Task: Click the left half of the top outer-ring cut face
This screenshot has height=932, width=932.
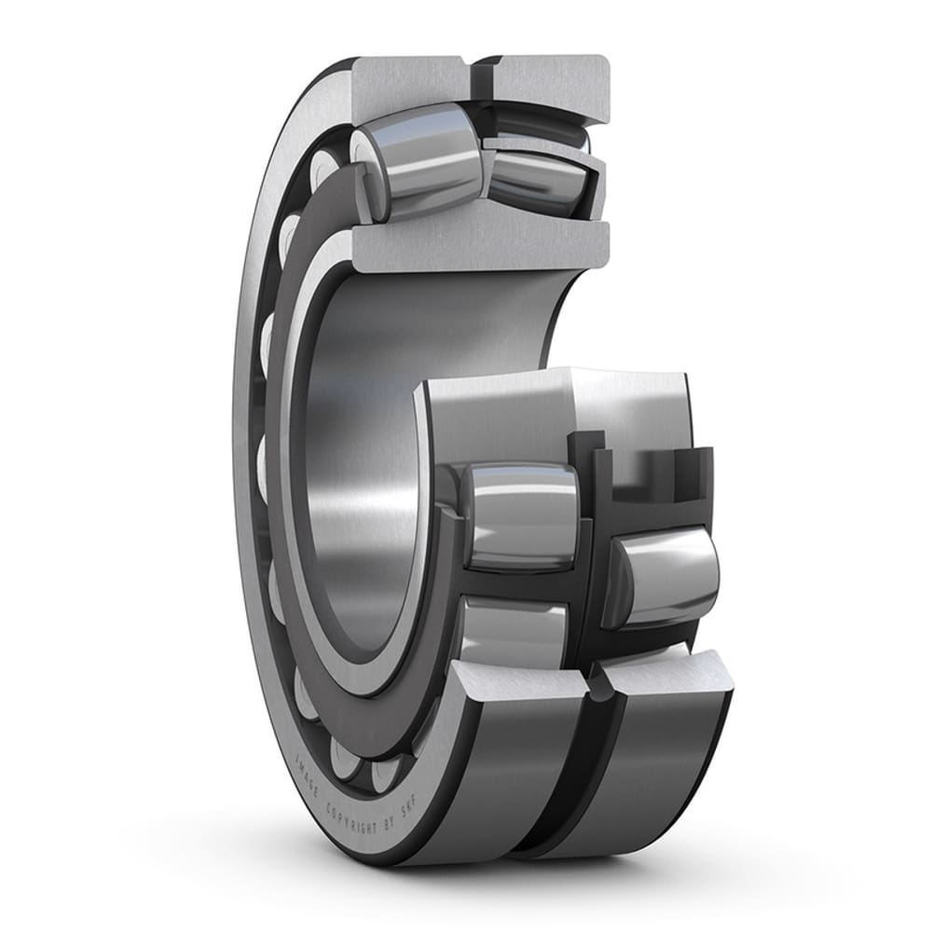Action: (x=410, y=84)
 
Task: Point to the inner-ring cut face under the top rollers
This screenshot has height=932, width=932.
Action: (x=480, y=244)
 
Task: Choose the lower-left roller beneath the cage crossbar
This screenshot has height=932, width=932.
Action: (x=513, y=634)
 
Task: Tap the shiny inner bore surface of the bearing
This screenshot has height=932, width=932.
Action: (x=373, y=466)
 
